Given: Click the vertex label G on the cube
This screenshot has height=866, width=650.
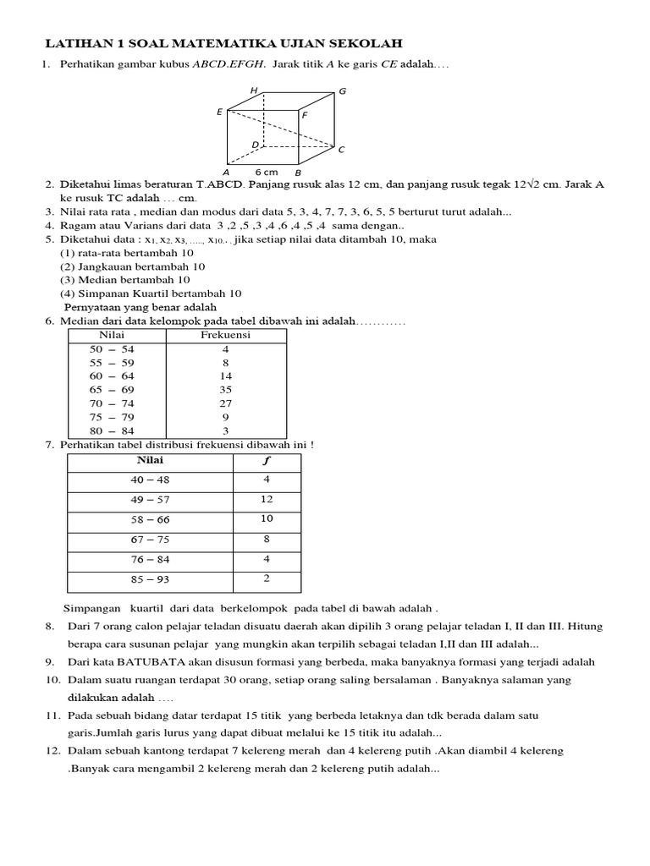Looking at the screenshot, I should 342,91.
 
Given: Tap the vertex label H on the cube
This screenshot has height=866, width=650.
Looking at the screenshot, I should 253,91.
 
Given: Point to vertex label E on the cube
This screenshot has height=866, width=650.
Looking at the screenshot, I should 220,112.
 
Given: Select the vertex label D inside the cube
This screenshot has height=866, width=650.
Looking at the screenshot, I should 255,145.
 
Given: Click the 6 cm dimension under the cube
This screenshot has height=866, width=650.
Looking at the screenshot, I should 266,172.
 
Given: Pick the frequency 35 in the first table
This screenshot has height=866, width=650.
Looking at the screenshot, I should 225,390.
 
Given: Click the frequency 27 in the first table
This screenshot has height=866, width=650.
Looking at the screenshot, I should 225,403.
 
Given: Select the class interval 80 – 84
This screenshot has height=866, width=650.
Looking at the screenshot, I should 112,430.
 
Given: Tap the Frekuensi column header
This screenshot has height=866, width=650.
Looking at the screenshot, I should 225,335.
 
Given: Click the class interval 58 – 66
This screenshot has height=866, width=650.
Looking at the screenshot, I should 150,520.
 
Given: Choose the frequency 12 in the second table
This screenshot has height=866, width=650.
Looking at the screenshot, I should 267,500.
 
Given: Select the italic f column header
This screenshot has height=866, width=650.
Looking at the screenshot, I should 267,461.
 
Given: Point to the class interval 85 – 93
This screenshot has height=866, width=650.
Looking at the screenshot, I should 150,580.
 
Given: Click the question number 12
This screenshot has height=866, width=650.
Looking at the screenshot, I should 52,751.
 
